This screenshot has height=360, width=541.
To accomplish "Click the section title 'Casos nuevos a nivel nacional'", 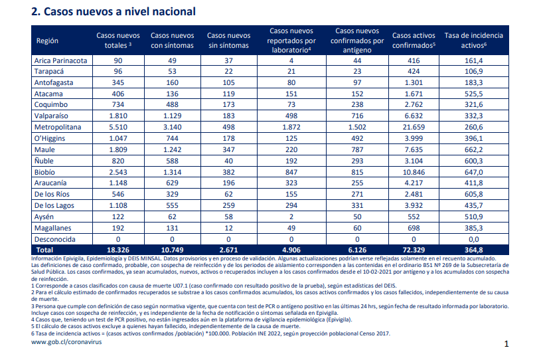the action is tap(119, 12).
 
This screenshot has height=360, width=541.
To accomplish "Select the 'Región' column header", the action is tap(47, 41).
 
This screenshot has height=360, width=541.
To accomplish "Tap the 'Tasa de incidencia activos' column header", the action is tap(474, 41).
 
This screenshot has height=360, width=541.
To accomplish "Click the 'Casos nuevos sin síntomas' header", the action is tap(229, 41).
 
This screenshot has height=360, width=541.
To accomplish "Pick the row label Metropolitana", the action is tap(58, 127).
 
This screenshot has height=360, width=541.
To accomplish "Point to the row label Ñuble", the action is tap(44, 161).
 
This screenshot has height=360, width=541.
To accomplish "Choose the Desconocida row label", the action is tap(55, 239).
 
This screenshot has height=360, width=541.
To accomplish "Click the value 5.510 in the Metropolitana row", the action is tap(118, 127).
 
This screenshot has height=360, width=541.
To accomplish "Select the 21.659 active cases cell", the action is tap(414, 127).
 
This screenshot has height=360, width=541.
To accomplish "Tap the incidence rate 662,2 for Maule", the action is tap(474, 149).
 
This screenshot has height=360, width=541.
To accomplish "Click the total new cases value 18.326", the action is tap(118, 250).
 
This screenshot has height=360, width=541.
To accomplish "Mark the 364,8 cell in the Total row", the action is tap(474, 250).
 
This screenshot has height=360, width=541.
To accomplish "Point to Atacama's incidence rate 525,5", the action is tap(474, 94).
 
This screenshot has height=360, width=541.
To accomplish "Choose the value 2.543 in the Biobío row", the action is tap(118, 172).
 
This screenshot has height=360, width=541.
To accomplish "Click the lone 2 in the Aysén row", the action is tap(291, 217).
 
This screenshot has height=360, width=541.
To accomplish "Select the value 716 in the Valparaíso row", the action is tap(357, 116).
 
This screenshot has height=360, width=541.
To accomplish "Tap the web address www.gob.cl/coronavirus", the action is tap(66, 342).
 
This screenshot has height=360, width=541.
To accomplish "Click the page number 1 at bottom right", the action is tap(506, 344).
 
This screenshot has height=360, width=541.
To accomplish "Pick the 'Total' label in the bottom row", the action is tap(45, 250).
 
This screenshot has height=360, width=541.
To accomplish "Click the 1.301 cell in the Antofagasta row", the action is tap(414, 82).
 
